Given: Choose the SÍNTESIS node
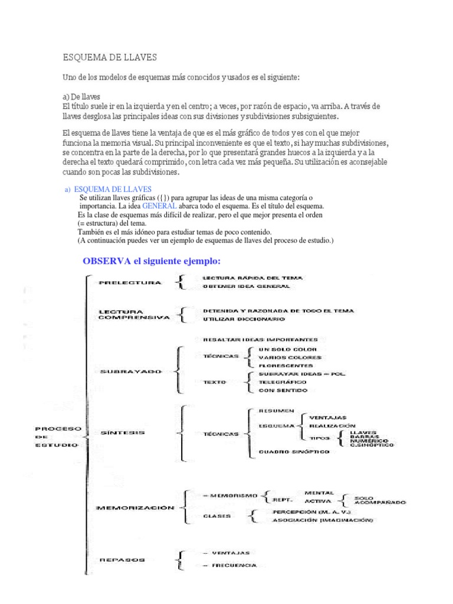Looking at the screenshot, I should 123,433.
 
